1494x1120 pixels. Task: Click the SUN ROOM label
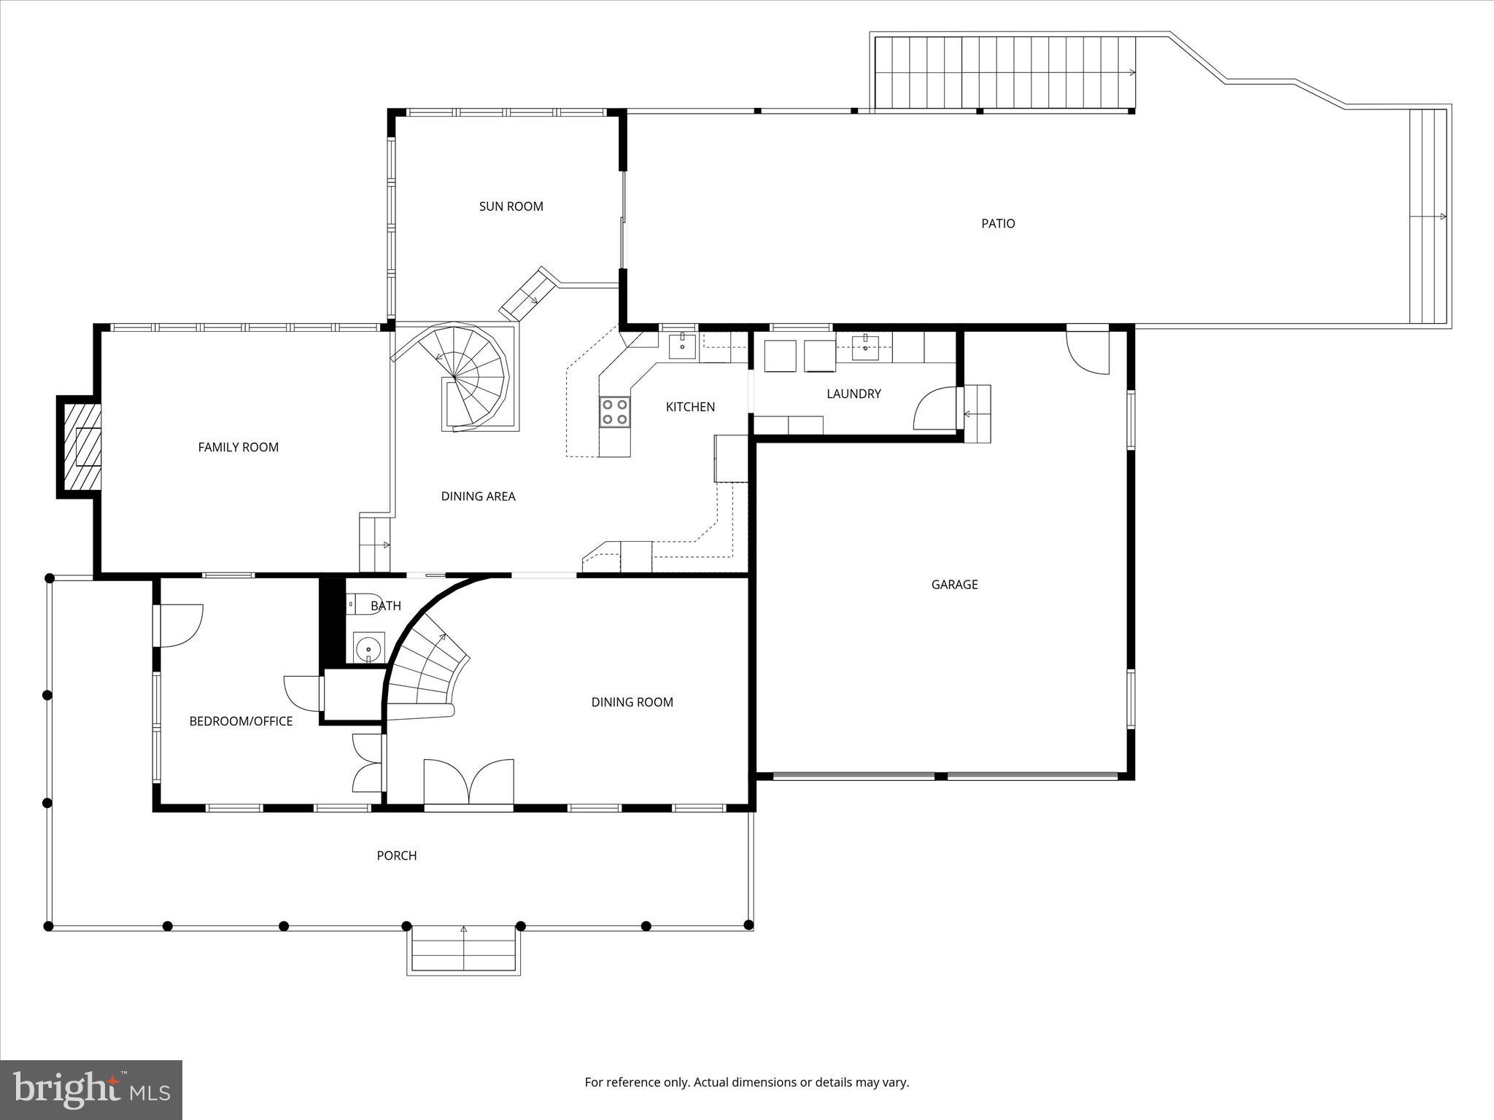pos(511,206)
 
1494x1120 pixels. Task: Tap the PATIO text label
pos(997,224)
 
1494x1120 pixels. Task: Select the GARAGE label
pos(954,584)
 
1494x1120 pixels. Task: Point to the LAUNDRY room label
pos(854,394)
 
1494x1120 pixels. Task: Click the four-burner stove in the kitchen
pos(614,411)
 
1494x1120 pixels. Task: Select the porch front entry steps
pos(464,950)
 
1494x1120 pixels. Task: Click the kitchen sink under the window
pos(682,345)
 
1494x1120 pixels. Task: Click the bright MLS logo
pos(91,1089)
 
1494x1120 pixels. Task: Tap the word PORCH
pos(396,855)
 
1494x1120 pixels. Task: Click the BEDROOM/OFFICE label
pos(241,721)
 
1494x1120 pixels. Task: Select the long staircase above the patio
pos(1005,73)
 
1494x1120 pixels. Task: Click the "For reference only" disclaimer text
pos(746,1082)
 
